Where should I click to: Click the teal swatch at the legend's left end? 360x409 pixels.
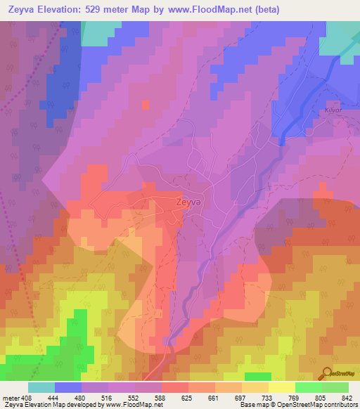pos(41,387)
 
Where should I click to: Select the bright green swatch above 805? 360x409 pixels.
pos(309,387)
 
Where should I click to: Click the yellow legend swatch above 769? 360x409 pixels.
pos(282,387)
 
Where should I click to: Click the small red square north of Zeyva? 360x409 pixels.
pos(145,105)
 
